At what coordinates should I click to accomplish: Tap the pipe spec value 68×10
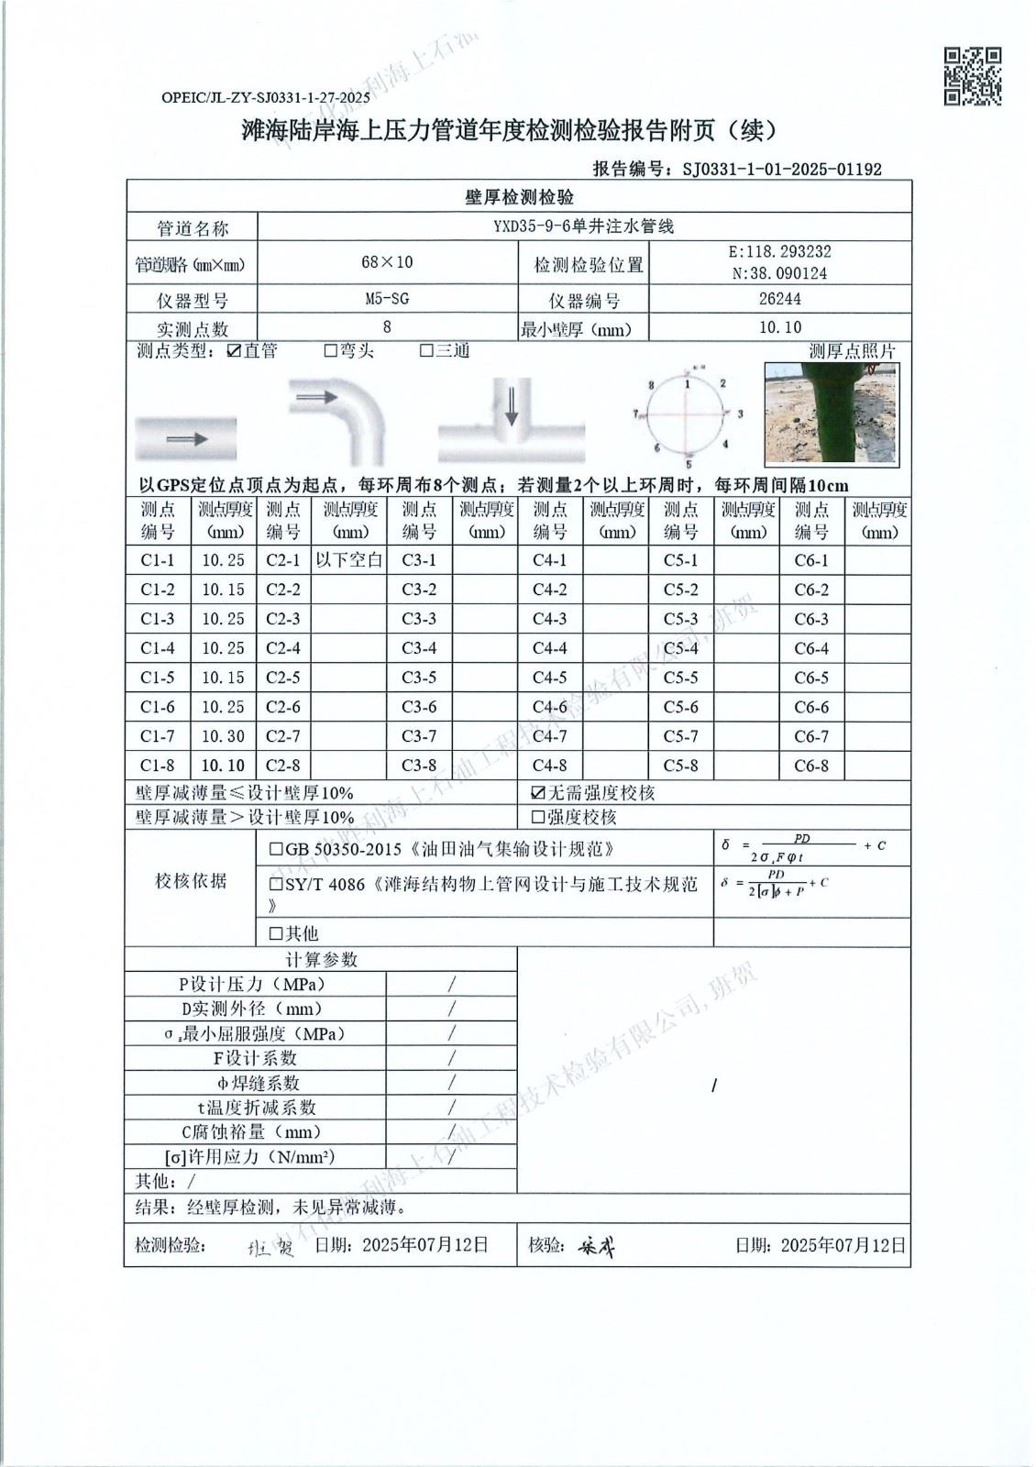coord(387,262)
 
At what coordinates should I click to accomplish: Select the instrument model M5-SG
coord(387,299)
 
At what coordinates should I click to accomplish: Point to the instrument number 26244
coord(780,299)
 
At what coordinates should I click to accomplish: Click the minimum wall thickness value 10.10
coord(780,327)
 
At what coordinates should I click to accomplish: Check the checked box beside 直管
coord(234,351)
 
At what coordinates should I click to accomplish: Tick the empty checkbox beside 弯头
coord(331,351)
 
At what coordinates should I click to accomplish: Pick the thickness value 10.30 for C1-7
coord(223,736)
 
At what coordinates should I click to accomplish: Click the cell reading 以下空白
coord(348,560)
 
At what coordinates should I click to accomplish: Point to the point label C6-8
coord(811,766)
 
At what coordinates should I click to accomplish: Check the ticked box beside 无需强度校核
coord(538,793)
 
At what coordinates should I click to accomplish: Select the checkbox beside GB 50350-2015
coord(276,850)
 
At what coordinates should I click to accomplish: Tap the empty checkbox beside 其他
coord(276,933)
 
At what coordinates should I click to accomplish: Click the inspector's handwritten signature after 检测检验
coord(270,1247)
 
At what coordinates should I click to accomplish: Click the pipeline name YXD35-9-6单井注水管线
coord(583,226)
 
